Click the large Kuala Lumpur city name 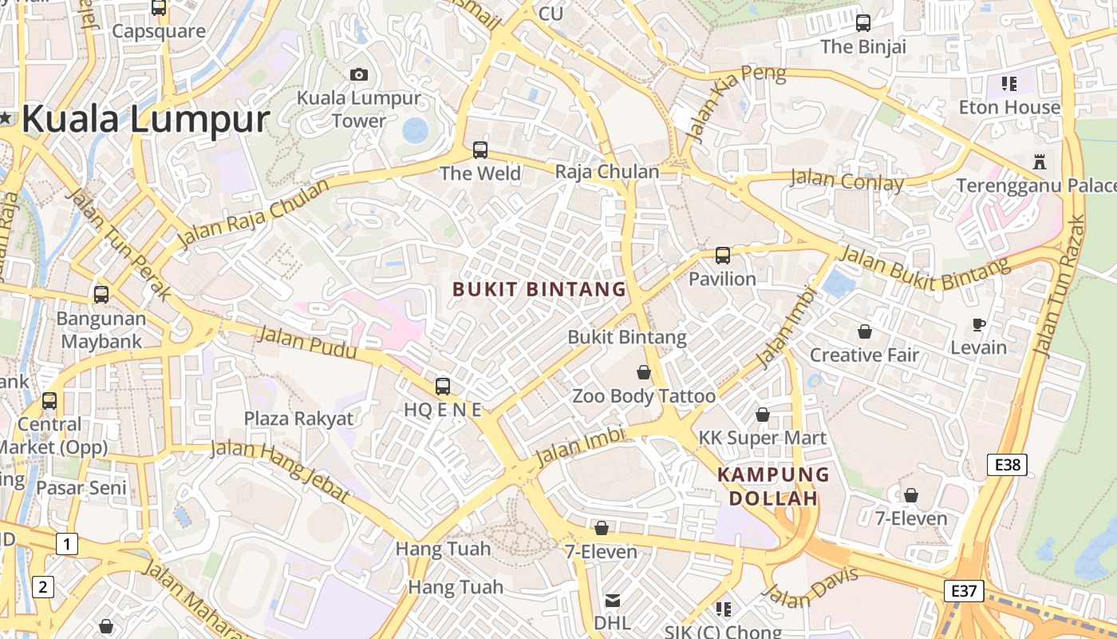[x=145, y=119]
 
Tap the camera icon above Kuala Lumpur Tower [x=359, y=74]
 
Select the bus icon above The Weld [x=480, y=149]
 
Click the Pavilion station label [x=722, y=279]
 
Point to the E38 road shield [x=1006, y=465]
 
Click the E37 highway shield [x=964, y=591]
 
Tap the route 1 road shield [x=67, y=545]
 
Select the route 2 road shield [x=42, y=588]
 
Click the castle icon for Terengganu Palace [x=1039, y=161]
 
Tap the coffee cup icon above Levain [x=979, y=323]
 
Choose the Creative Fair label [x=865, y=355]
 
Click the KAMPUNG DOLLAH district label [x=773, y=486]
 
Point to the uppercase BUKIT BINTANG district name [x=539, y=289]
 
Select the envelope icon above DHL [x=612, y=600]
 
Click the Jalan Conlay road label [x=847, y=181]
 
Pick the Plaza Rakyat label [x=298, y=419]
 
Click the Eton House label [x=1009, y=107]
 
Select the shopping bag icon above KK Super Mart [x=763, y=415]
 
